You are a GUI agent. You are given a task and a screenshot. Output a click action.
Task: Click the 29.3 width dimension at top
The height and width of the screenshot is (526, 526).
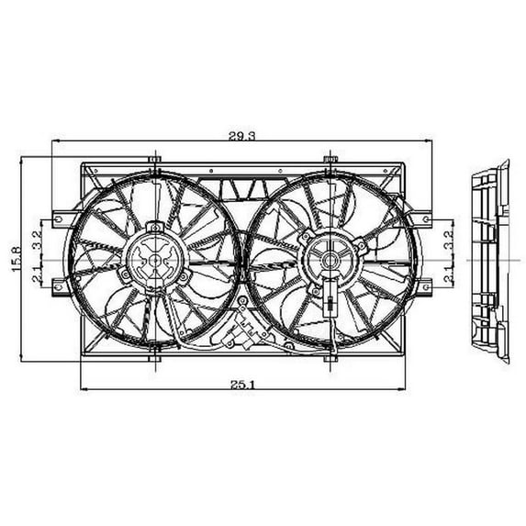tap(241, 135)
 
